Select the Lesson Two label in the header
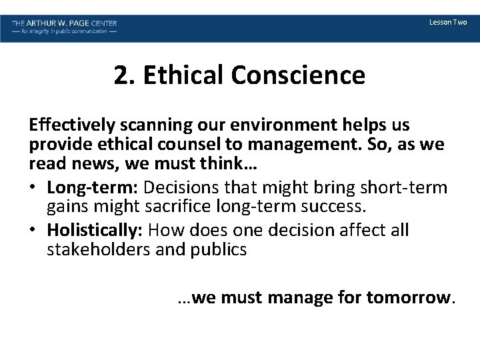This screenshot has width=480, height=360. coord(448,23)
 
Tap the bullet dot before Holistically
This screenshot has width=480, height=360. coord(33,231)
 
